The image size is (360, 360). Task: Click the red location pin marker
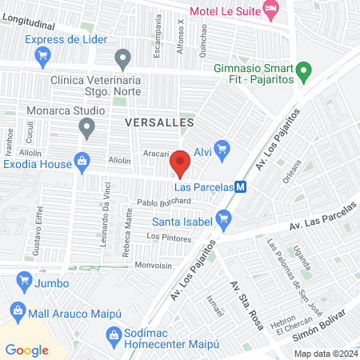pos(180,163)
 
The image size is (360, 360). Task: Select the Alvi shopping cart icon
pos(222,148)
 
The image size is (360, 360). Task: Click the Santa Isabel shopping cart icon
pos(224,216)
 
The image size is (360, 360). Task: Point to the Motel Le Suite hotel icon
pos(270,12)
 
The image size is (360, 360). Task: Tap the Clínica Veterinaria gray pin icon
pos(122,58)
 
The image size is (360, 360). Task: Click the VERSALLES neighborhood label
pos(160,122)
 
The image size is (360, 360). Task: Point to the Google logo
pos(27,350)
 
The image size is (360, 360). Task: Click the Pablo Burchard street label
pos(163,202)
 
